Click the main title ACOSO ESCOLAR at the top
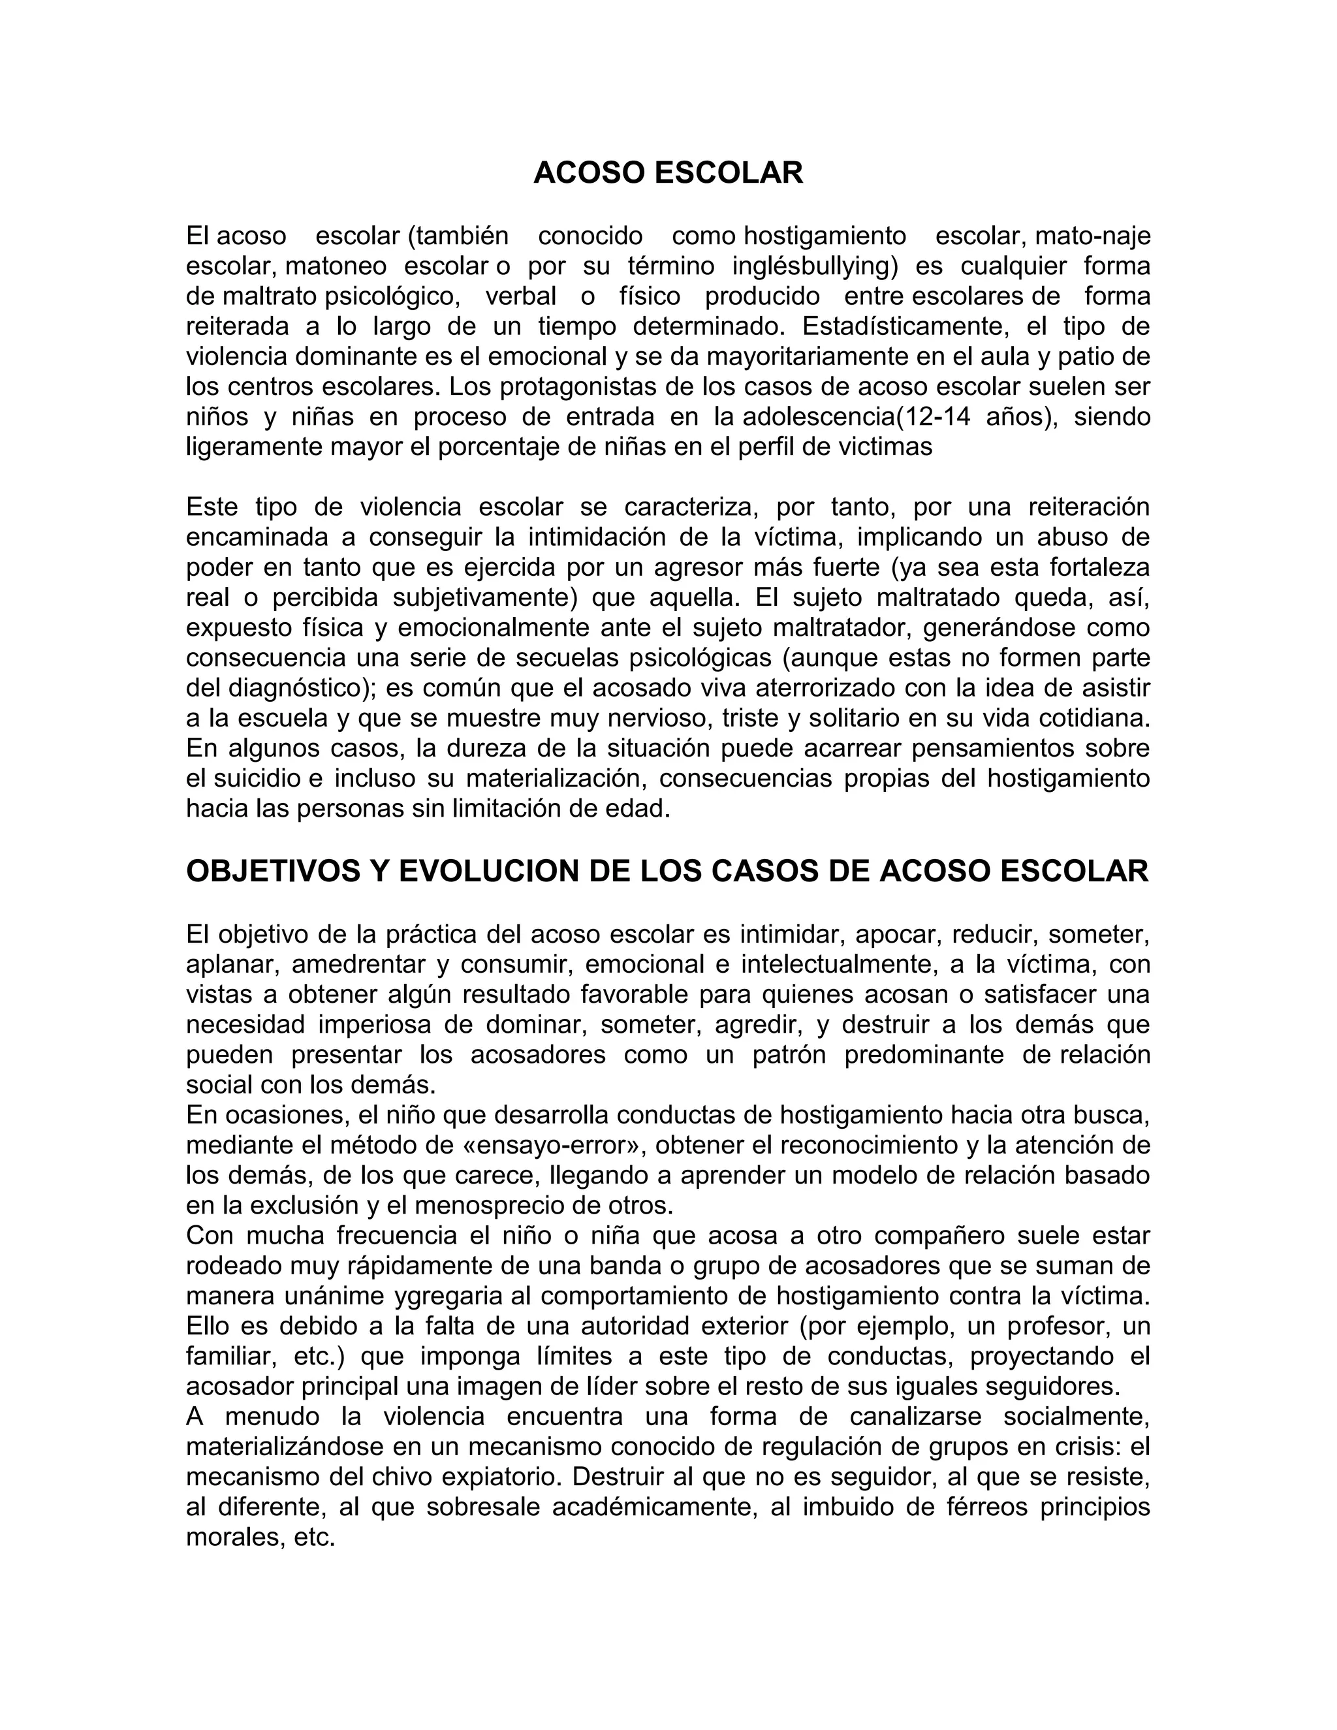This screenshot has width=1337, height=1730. coord(668,173)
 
